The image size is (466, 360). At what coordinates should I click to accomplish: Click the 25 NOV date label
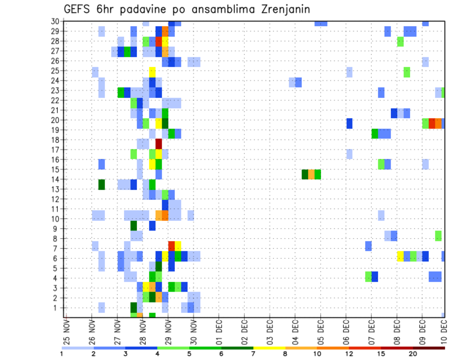pyautogui.click(x=66, y=331)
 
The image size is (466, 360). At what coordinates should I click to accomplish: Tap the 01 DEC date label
pyautogui.click(x=218, y=331)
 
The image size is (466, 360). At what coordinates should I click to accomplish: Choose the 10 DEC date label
pyautogui.click(x=443, y=331)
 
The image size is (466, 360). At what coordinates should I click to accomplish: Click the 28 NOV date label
pyautogui.click(x=142, y=331)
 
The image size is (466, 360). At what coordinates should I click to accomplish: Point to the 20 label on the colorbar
pyautogui.click(x=413, y=354)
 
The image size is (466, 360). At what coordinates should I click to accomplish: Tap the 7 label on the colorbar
pyautogui.click(x=253, y=354)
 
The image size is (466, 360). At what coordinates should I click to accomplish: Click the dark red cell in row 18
pyautogui.click(x=158, y=144)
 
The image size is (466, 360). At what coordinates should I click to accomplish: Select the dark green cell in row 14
pyautogui.click(x=101, y=184)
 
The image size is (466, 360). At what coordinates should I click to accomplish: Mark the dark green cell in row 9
pyautogui.click(x=133, y=226)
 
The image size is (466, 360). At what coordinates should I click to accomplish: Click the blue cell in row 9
pyautogui.click(x=152, y=226)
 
